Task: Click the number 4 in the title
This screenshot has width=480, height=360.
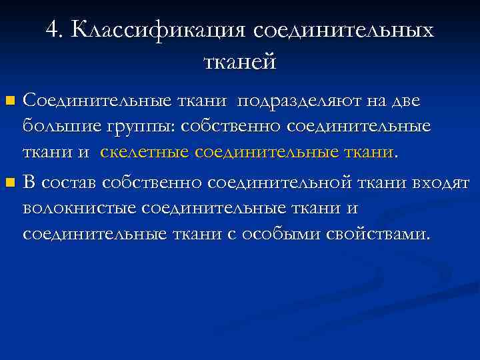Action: pos(53,29)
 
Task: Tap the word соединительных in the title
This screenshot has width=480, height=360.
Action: pos(344,29)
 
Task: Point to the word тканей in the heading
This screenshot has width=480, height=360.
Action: pos(239,61)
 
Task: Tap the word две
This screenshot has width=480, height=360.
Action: pos(406,101)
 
